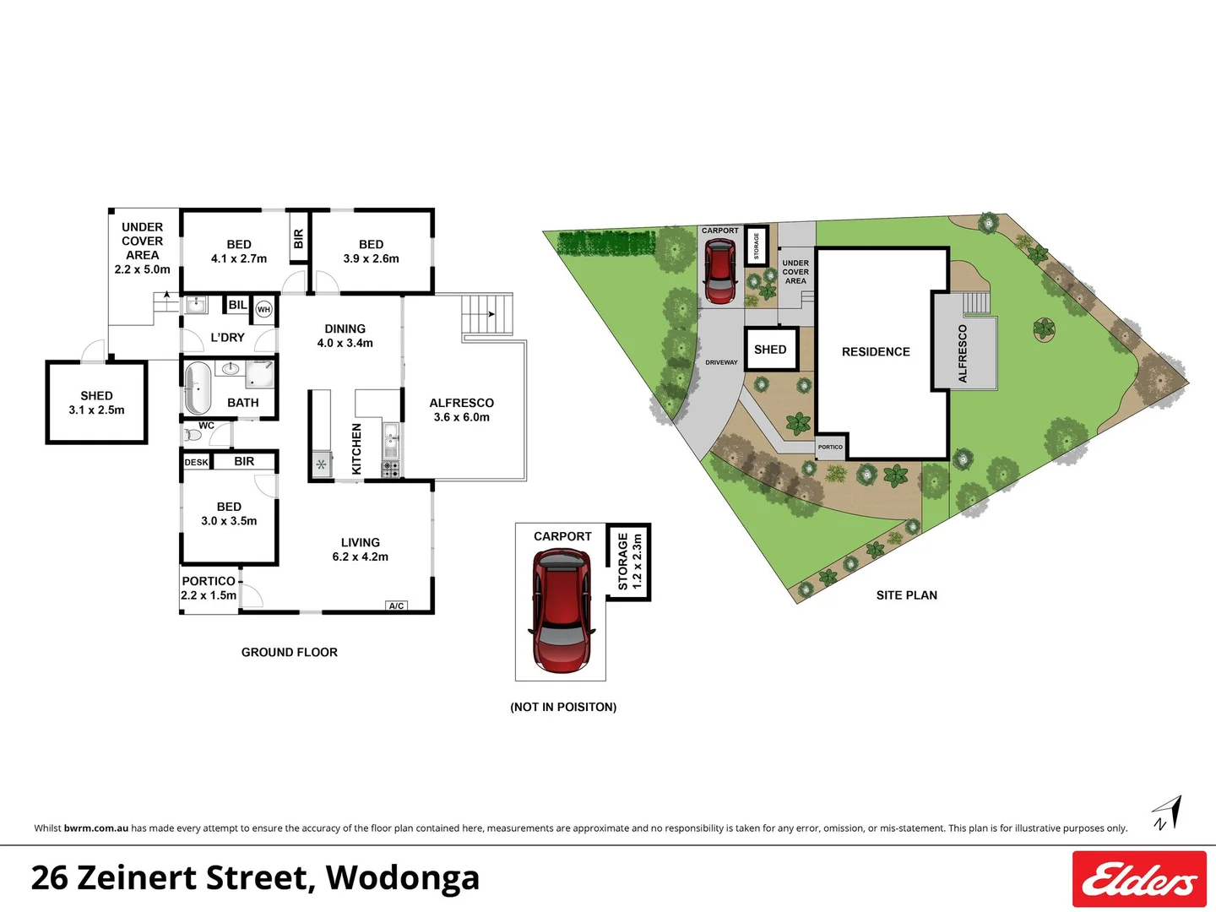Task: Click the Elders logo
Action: (1139, 879)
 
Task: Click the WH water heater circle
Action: (264, 310)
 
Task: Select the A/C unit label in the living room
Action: (396, 605)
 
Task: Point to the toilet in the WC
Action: (193, 436)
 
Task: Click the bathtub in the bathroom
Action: (198, 388)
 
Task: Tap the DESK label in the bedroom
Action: (196, 462)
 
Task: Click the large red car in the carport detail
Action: (562, 610)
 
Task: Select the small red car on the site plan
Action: (719, 271)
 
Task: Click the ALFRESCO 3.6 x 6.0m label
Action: (461, 410)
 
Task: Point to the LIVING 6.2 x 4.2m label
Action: (361, 549)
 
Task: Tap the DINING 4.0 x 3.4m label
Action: (345, 335)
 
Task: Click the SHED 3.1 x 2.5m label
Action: (96, 403)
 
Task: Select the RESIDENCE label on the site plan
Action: (876, 351)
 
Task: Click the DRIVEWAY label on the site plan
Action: (721, 362)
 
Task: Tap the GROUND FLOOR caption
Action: (289, 652)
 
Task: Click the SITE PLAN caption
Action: (906, 595)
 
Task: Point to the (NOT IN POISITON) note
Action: (563, 707)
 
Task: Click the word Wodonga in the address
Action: (403, 877)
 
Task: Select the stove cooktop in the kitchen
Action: (390, 467)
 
